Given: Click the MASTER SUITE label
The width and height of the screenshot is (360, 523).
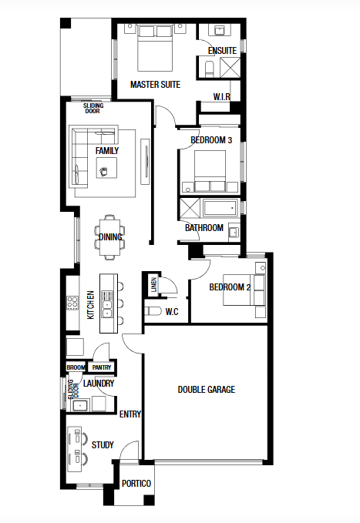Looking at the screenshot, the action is (155, 85).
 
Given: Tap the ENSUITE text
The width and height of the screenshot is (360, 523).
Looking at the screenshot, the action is (222, 51).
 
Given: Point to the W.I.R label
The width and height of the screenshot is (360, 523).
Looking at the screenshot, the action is (222, 97).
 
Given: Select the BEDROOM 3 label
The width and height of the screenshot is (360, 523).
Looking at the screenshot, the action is (211, 140).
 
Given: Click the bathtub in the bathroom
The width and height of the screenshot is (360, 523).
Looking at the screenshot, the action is (220, 208).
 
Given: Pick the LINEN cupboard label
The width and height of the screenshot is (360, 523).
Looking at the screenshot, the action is (153, 284).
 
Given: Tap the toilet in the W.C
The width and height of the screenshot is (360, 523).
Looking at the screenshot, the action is (153, 311).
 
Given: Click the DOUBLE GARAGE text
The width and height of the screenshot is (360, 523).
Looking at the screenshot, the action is (207, 390).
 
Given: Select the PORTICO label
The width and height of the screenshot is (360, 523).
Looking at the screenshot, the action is (136, 483).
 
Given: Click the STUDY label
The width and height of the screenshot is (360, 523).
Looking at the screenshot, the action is (103, 445).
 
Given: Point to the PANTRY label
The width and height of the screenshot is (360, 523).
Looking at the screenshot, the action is (102, 367).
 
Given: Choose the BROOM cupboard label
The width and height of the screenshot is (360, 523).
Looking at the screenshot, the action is (76, 367).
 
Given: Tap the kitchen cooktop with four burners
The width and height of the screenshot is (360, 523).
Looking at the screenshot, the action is (72, 303).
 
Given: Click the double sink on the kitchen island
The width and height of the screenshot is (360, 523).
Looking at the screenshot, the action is (107, 304).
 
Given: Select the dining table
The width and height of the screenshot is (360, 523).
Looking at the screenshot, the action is (110, 236).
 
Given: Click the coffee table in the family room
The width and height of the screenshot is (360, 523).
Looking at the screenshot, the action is (106, 168).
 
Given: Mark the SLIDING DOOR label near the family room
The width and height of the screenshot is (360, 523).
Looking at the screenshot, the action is (93, 109).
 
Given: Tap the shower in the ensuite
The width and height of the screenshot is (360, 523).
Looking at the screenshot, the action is (230, 67).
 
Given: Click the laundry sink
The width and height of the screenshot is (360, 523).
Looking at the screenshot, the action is (80, 406).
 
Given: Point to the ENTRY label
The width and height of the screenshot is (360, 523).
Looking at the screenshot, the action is (130, 414).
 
